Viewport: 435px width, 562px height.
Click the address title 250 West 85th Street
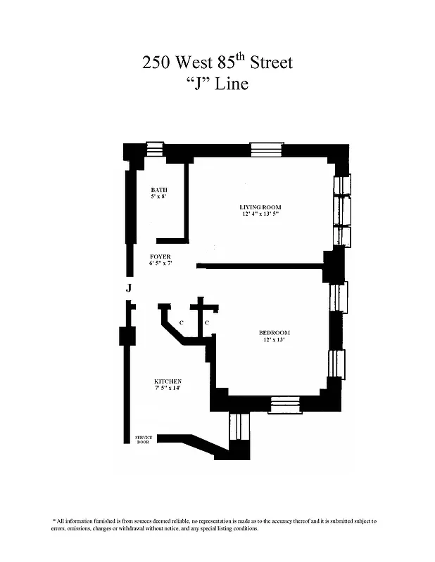pos(217,63)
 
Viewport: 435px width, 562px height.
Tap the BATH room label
pos(158,190)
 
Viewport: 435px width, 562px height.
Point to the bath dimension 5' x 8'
pos(158,197)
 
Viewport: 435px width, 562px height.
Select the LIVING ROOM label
pos(259,207)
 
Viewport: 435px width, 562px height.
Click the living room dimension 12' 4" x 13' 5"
pos(259,214)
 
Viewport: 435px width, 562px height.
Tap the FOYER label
pos(160,256)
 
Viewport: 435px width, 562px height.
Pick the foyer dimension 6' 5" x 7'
pos(160,263)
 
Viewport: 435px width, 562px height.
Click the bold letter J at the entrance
pos(128,288)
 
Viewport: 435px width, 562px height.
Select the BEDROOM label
pos(275,332)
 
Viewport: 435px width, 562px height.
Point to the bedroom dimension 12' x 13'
pos(275,340)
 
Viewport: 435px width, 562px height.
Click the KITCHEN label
pos(168,381)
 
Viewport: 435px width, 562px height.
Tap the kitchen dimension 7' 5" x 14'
pos(168,388)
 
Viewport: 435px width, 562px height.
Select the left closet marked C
pos(182,322)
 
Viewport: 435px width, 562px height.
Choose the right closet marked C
pos(206,322)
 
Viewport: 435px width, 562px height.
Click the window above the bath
pos(154,149)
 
